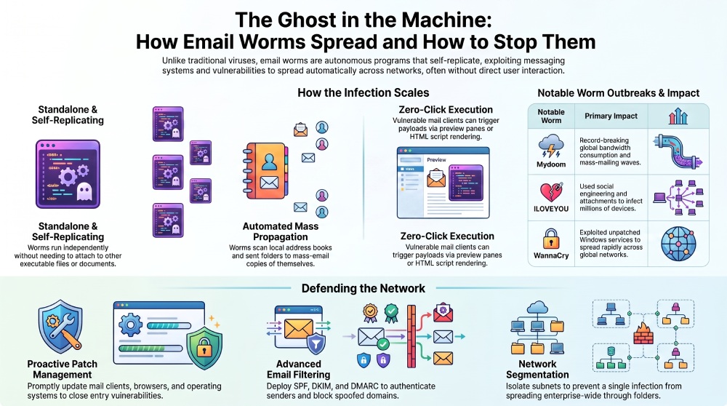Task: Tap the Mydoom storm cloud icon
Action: click(551, 146)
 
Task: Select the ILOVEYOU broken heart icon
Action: click(551, 193)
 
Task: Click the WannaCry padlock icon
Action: click(551, 239)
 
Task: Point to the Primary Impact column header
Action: click(611, 116)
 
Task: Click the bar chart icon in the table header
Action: click(678, 116)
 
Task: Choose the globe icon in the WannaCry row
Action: click(678, 244)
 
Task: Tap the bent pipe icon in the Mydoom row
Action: click(678, 151)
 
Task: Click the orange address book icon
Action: click(265, 171)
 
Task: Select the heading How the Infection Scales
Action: click(363, 93)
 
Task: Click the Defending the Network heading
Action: click(363, 289)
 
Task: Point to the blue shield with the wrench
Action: click(61, 326)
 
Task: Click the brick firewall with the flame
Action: click(643, 333)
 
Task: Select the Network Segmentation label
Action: click(537, 370)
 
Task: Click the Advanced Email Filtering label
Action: click(298, 370)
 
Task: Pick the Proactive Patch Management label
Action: click(62, 370)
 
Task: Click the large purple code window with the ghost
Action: click(68, 174)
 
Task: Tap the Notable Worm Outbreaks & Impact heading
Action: click(618, 93)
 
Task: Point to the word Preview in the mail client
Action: click(436, 159)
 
